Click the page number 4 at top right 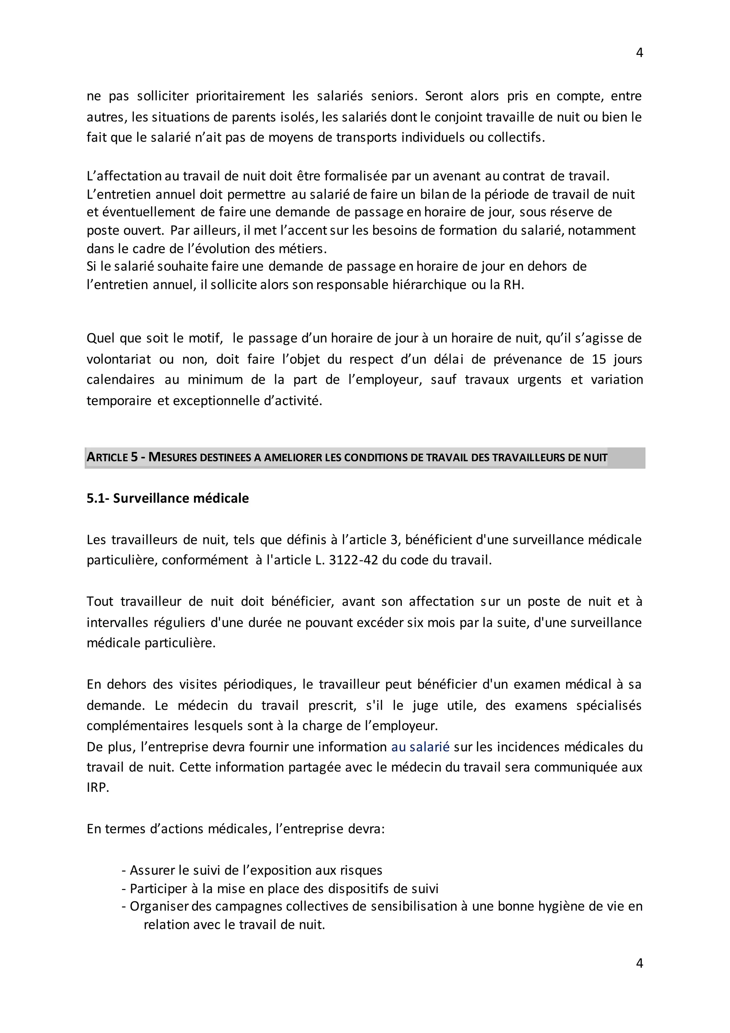tap(639, 53)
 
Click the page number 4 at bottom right tap(639, 963)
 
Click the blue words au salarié tap(420, 747)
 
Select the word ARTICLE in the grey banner tap(108, 458)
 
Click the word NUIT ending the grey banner tap(595, 458)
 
